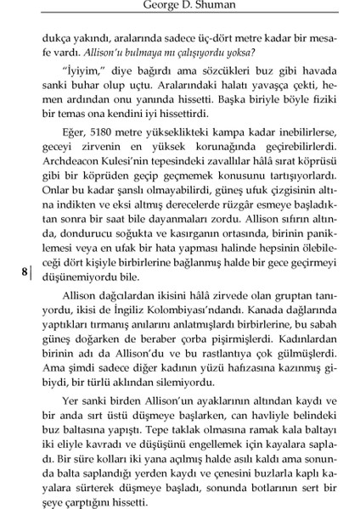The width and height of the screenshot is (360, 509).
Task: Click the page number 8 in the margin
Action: point(25,273)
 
